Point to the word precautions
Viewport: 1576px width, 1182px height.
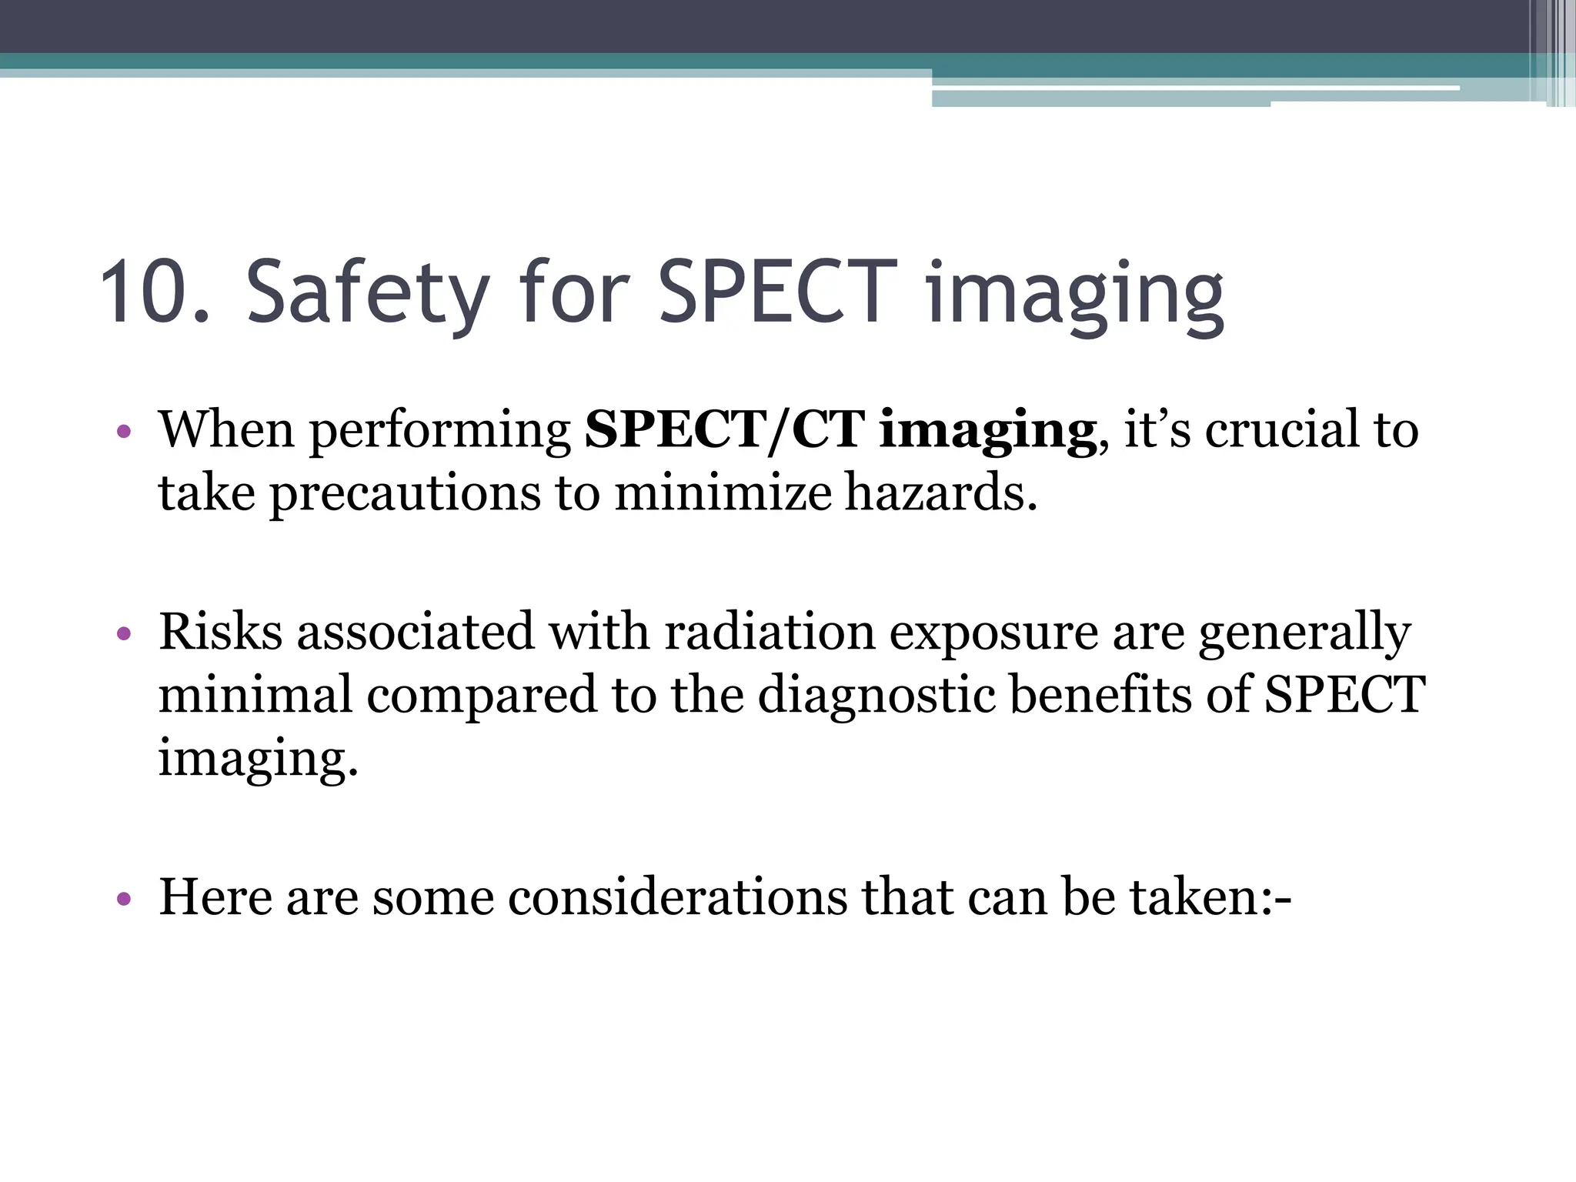pyautogui.click(x=405, y=493)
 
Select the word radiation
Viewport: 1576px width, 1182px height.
pyautogui.click(x=770, y=632)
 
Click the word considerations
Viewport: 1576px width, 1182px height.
pyautogui.click(x=677, y=897)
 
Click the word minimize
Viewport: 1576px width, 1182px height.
pyautogui.click(x=723, y=493)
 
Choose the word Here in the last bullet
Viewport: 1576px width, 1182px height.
pyautogui.click(x=215, y=897)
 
